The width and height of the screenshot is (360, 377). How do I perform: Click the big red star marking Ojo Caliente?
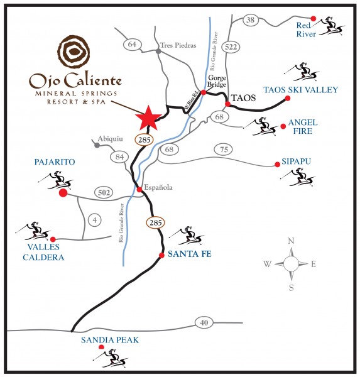(x=148, y=118)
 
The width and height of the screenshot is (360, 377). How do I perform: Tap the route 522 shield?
(x=231, y=47)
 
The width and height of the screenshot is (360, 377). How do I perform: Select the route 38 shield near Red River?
(x=250, y=19)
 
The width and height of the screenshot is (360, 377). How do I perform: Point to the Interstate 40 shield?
(x=204, y=322)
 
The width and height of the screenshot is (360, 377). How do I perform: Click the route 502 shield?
(x=104, y=193)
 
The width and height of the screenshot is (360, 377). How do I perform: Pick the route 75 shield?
(x=224, y=150)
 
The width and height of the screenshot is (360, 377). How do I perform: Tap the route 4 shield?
(x=95, y=220)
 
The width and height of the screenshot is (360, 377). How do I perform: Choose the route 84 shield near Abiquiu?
(x=119, y=157)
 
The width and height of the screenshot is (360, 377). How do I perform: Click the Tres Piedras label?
(x=178, y=45)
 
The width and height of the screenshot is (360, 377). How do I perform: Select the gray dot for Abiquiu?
(x=97, y=145)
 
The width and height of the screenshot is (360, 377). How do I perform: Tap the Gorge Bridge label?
(x=216, y=81)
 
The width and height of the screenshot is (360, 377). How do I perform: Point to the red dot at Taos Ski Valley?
(x=287, y=98)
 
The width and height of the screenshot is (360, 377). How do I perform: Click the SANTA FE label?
(x=190, y=254)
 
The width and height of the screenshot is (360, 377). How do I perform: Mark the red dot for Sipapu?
(x=277, y=165)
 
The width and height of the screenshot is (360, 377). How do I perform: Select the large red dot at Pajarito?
(x=63, y=193)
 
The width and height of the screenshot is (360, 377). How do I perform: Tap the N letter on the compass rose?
(x=291, y=241)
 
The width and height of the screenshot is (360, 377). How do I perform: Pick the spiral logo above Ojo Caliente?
(x=74, y=52)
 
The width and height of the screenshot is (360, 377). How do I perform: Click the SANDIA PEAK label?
(x=110, y=340)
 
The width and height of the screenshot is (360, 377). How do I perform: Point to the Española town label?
(x=158, y=187)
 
